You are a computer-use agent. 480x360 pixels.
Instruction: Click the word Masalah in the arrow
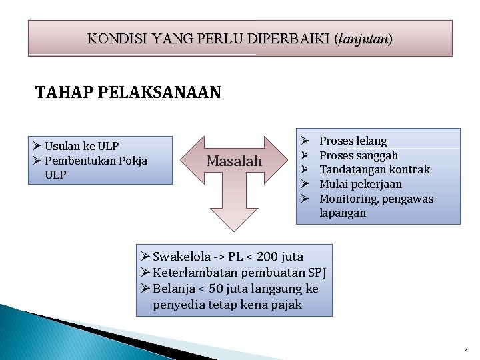coord(234,161)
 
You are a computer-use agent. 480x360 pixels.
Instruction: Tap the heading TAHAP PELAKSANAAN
coord(128,92)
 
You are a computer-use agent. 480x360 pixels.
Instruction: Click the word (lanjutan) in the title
coord(365,39)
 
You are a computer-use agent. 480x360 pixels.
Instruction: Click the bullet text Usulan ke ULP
coord(82,146)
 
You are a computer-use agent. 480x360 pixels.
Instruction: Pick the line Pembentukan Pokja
coord(96,161)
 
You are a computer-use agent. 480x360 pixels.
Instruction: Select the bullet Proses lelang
coord(353,141)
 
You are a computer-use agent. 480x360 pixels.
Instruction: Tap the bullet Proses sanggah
coord(359,155)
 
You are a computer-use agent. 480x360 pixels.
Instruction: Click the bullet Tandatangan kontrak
coord(375,170)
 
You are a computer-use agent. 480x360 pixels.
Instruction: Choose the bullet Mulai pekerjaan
coord(361,185)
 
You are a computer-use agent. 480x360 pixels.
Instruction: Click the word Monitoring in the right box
coord(347,199)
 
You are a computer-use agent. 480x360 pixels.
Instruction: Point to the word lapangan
coord(343,213)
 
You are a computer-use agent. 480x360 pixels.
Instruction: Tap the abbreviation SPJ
coord(316,273)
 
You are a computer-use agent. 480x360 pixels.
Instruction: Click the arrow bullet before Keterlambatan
coord(146,273)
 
